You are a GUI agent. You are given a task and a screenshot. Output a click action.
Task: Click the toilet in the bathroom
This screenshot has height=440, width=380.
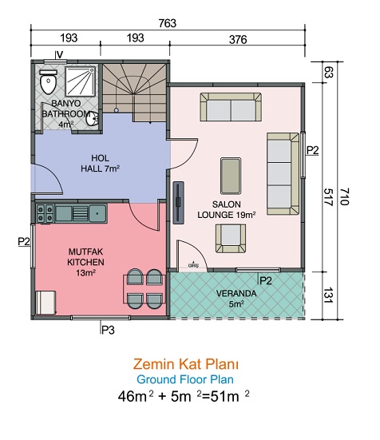coord(48,81)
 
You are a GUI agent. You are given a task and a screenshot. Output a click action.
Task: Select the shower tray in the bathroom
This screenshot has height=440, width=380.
coord(80,81)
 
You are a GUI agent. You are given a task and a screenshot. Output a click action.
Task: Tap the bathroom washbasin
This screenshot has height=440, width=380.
coord(92,119)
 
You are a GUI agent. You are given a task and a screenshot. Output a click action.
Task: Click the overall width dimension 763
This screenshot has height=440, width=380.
coord(168,23)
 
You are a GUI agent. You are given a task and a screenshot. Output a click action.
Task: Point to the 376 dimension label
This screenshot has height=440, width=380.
coord(238,40)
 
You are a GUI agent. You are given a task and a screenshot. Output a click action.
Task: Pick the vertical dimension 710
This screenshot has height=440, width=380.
coord(345,196)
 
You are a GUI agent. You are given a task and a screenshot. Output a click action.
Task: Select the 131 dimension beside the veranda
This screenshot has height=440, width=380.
coord(328,295)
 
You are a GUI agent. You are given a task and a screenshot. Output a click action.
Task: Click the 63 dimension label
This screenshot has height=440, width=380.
coord(328,72)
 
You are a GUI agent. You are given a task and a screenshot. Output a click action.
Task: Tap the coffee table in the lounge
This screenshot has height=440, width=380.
coord(231,176)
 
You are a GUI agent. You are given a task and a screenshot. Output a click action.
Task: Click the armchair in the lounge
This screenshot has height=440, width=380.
coord(231,238)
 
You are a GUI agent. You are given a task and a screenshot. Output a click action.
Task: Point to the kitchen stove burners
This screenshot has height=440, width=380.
coord(45,213)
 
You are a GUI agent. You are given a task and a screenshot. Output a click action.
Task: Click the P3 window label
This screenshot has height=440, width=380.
coord(108,330)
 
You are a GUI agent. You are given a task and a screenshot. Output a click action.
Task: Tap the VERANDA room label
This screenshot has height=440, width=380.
coord(236,294)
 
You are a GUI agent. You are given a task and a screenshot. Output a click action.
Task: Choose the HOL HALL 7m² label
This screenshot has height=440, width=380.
coord(100,164)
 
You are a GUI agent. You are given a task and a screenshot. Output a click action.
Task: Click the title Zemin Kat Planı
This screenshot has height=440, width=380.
coord(186,364)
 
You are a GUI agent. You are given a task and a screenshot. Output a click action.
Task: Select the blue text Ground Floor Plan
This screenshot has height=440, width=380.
coord(185,379)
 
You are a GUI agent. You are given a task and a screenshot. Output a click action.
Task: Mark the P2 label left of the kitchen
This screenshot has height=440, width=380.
coord(24,241)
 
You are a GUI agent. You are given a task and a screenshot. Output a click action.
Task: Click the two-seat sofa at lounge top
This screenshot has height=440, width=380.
coord(231,107)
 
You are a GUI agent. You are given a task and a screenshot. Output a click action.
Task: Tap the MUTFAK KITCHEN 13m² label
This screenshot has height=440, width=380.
coord(85,262)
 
